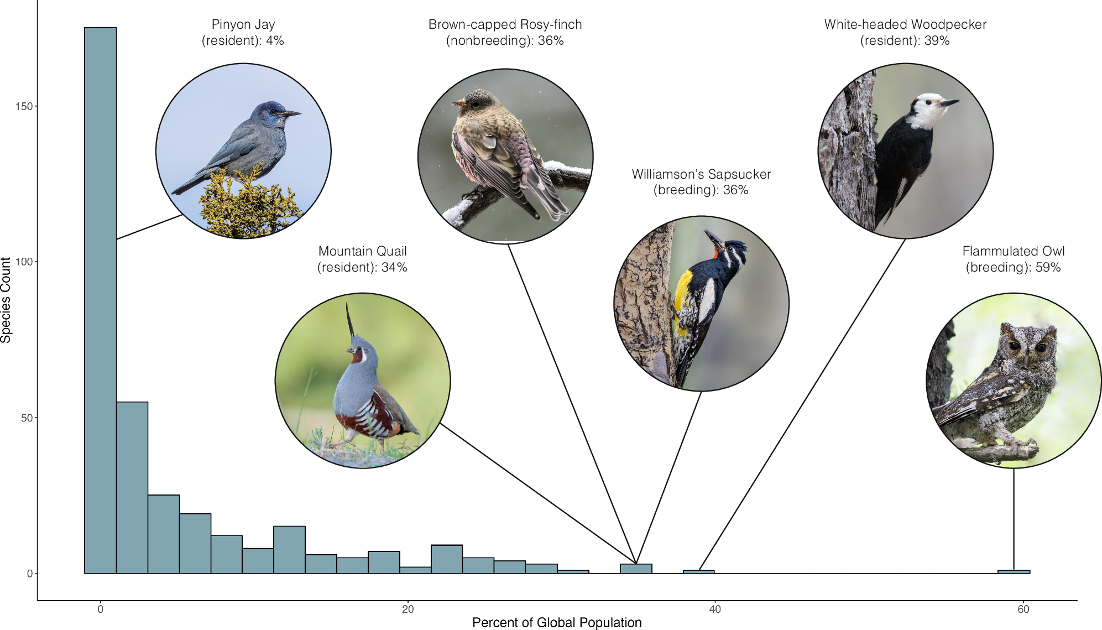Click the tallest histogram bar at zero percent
click(100, 299)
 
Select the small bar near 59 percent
click(1014, 571)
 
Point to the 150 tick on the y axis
click(24, 106)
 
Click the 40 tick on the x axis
click(715, 609)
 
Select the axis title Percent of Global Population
click(557, 622)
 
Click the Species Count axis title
click(6, 300)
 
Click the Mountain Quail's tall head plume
click(350, 321)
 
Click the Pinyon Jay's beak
click(291, 114)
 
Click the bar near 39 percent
click(698, 571)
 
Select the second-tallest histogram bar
click(132, 487)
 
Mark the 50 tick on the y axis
click(27, 418)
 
